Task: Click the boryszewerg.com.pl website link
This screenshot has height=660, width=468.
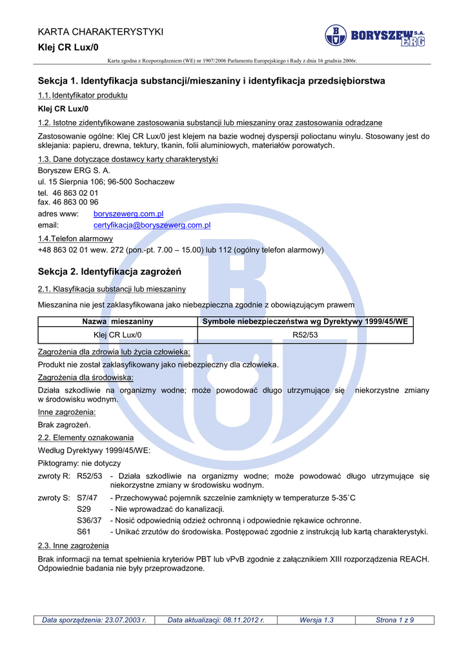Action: click(x=128, y=213)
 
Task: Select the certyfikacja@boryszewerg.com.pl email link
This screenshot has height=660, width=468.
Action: click(x=152, y=225)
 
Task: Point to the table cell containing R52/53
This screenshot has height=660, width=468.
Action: click(x=305, y=335)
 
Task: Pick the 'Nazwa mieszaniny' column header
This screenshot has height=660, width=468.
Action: click(x=117, y=321)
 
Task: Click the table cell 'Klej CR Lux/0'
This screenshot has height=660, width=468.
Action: click(x=117, y=335)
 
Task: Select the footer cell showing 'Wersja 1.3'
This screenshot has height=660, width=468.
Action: click(x=316, y=620)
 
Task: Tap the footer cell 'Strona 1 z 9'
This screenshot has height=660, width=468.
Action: click(x=394, y=620)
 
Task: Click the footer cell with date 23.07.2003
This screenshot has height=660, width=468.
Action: click(x=94, y=620)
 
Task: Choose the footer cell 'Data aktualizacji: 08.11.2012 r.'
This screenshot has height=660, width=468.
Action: click(x=216, y=620)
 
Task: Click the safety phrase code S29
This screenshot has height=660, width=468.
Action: click(x=84, y=509)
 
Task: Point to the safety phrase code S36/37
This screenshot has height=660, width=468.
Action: click(x=89, y=520)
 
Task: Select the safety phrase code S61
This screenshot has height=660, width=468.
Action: click(x=84, y=532)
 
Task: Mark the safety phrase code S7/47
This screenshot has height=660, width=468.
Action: click(x=87, y=498)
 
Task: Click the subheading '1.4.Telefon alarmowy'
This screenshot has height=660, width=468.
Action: click(x=76, y=238)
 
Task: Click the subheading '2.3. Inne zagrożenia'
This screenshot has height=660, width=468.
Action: click(x=74, y=546)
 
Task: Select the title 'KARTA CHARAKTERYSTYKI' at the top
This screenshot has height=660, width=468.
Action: click(x=101, y=32)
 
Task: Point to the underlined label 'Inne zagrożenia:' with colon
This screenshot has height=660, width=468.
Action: click(x=67, y=412)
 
